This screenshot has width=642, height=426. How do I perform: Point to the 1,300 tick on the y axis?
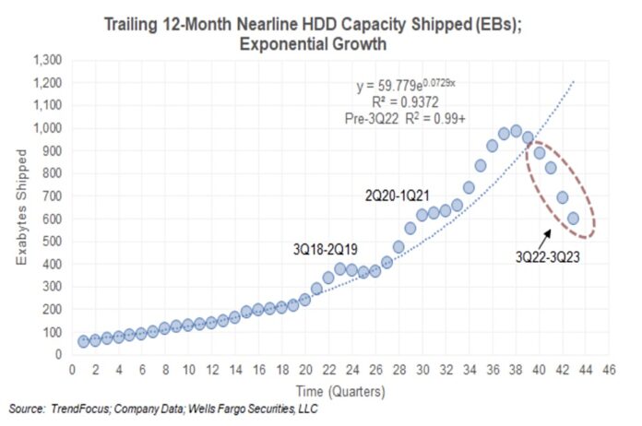point(48,60)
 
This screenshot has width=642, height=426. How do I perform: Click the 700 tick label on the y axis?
point(53,195)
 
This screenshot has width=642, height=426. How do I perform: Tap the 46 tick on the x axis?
point(608,370)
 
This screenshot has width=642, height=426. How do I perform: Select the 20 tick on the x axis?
point(305,370)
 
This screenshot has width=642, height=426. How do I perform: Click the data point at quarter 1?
point(84,341)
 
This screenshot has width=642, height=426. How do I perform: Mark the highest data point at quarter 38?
point(516,131)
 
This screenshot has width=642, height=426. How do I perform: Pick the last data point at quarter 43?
point(573,218)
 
